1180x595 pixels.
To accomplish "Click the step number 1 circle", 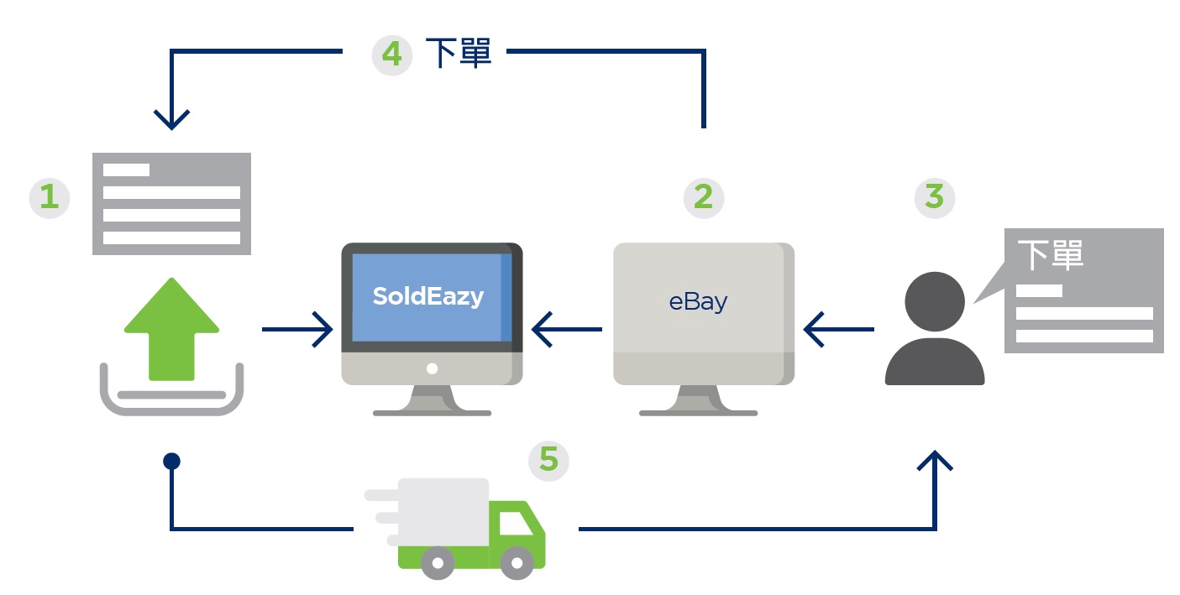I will click(50, 198).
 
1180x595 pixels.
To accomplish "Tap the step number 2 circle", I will click(704, 197).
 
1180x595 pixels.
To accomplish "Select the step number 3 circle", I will click(934, 198).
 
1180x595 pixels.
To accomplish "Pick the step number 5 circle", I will click(548, 461).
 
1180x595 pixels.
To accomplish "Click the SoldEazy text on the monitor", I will click(428, 296).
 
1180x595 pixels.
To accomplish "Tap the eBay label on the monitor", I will click(698, 301).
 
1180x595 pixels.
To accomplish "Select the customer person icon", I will click(935, 329).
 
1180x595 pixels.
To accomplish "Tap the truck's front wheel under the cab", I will click(517, 562).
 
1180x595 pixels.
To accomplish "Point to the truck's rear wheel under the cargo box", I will click(437, 562).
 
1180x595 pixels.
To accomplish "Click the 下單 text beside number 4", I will click(459, 55).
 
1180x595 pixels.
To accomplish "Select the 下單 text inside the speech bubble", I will click(1050, 255).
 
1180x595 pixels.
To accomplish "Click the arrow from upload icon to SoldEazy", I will click(297, 329).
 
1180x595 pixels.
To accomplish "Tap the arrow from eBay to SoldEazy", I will click(566, 329).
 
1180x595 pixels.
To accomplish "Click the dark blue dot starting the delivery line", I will click(171, 461).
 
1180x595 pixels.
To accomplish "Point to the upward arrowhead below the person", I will click(935, 461).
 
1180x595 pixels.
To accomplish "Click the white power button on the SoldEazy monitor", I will click(432, 368).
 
